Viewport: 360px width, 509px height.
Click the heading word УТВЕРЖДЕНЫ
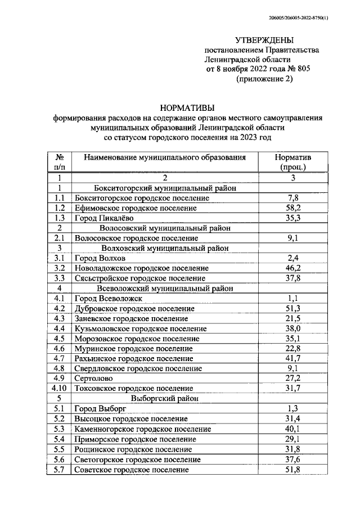264,40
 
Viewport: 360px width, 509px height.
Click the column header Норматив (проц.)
292,163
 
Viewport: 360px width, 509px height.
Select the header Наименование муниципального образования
165,158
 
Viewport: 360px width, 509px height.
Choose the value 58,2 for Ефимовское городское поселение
292,208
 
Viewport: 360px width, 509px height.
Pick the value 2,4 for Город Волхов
292,259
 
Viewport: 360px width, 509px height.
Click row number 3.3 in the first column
59,278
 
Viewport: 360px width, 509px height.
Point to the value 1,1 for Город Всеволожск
292,299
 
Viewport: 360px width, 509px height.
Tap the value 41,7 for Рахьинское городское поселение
292,359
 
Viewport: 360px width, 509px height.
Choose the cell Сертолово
93,379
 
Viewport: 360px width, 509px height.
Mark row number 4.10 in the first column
59,389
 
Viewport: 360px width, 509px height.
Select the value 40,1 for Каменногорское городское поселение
292,429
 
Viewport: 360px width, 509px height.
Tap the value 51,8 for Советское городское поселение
292,470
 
